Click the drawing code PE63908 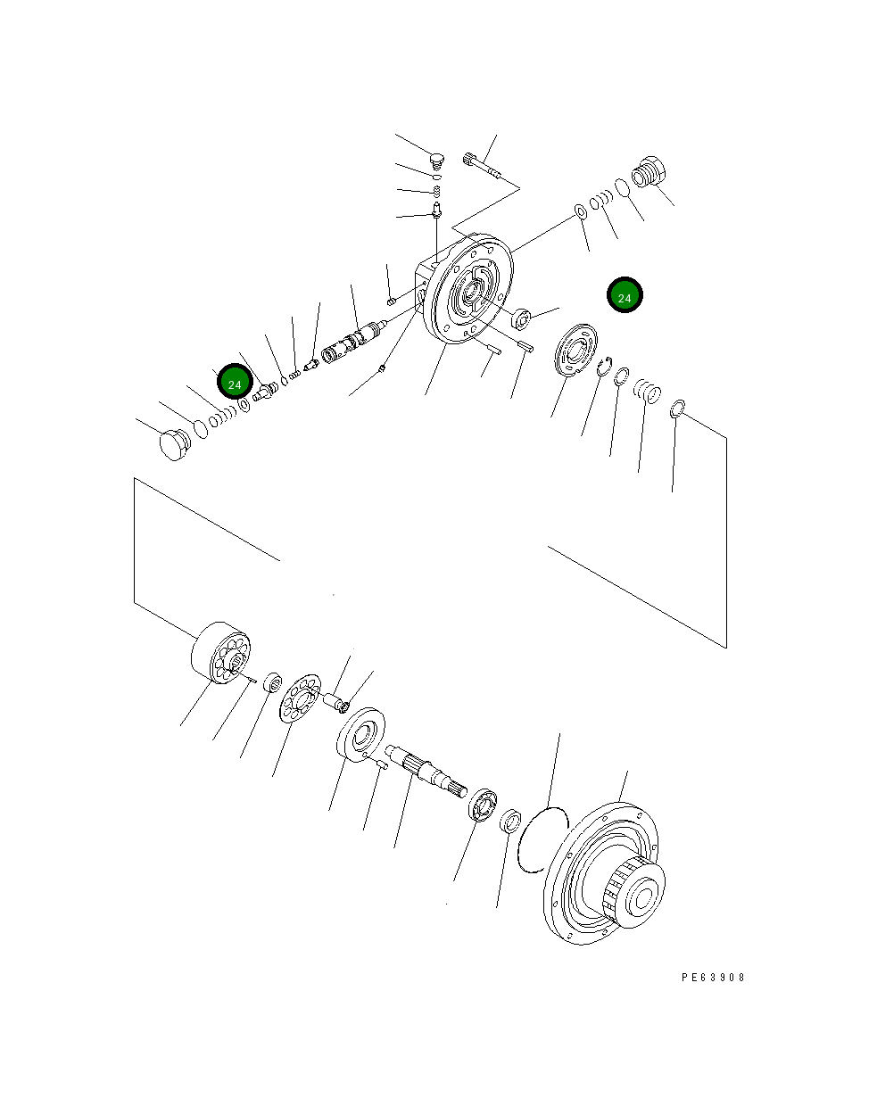(713, 977)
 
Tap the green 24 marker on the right (625, 297)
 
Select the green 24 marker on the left (234, 384)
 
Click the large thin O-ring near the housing (542, 839)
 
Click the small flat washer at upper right (579, 211)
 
